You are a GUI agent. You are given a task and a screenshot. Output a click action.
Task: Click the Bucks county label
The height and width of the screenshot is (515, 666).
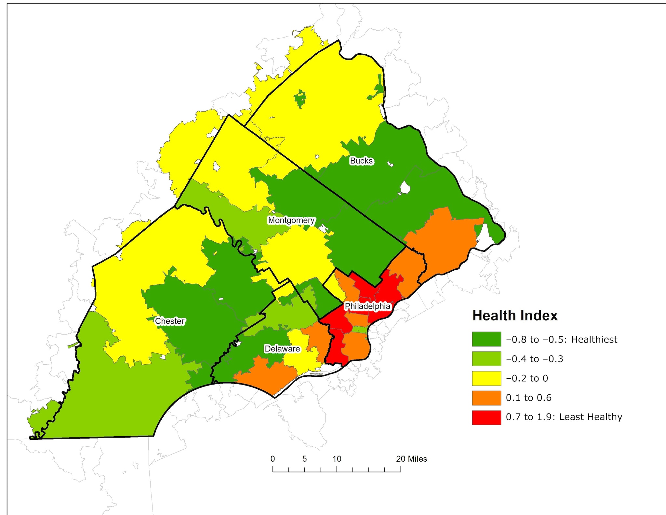pyautogui.click(x=361, y=161)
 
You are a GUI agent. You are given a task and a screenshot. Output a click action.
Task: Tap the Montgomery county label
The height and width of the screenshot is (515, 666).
pyautogui.click(x=291, y=220)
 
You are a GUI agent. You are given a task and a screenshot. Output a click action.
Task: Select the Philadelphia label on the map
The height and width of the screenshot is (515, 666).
pyautogui.click(x=367, y=306)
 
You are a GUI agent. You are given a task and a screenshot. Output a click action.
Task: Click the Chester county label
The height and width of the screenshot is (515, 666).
pyautogui.click(x=169, y=321)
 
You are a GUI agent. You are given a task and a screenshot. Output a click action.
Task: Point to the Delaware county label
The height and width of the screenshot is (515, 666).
pyautogui.click(x=282, y=349)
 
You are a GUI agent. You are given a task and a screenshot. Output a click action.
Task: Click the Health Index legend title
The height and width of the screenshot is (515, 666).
pyautogui.click(x=515, y=316)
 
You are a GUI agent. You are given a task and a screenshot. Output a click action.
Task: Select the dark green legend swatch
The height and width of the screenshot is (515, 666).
pyautogui.click(x=486, y=339)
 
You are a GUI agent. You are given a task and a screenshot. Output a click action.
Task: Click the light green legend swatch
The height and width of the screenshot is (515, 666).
pyautogui.click(x=486, y=359)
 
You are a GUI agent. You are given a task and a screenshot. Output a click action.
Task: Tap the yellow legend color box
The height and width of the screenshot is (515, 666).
pyautogui.click(x=486, y=378)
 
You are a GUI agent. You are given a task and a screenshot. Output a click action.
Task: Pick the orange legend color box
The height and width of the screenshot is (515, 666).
pyautogui.click(x=486, y=398)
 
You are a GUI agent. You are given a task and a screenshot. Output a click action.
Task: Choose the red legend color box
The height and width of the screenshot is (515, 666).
pyautogui.click(x=486, y=417)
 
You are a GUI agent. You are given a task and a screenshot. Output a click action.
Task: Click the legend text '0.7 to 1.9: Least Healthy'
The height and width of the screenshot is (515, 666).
pyautogui.click(x=564, y=417)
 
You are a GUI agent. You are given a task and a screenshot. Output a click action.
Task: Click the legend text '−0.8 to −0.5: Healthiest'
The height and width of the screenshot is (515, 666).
pyautogui.click(x=561, y=339)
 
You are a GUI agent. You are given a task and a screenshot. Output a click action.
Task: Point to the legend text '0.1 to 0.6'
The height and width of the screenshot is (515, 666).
pyautogui.click(x=528, y=398)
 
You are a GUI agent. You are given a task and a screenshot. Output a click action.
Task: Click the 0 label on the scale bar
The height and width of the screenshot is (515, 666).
pyautogui.click(x=273, y=459)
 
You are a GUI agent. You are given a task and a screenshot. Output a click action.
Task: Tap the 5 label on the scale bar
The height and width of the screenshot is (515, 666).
pyautogui.click(x=304, y=459)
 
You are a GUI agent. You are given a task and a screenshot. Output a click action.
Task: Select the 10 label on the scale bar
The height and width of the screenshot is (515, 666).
pyautogui.click(x=337, y=459)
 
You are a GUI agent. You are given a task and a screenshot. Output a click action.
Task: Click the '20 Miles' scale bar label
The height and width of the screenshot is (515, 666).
pyautogui.click(x=411, y=459)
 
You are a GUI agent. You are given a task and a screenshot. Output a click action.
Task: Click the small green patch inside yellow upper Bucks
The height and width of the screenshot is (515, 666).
pyautogui.click(x=300, y=99)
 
